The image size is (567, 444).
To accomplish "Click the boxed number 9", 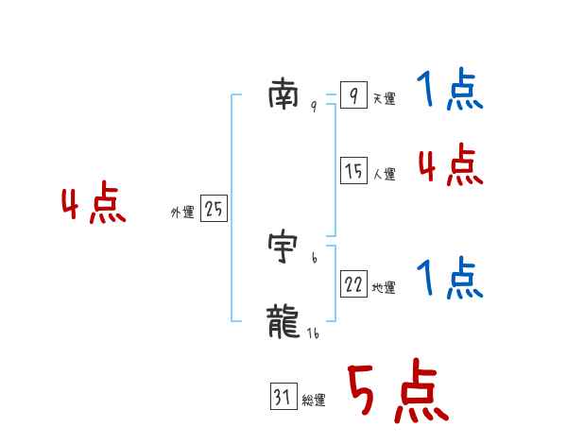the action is pyautogui.click(x=352, y=95).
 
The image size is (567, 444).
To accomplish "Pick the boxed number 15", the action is pyautogui.click(x=353, y=171).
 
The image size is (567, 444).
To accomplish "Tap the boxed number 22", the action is pyautogui.click(x=353, y=284).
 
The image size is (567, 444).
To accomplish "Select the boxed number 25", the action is pyautogui.click(x=214, y=210).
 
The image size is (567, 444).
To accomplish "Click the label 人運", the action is pyautogui.click(x=384, y=175).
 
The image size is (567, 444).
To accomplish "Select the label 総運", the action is pyautogui.click(x=314, y=401).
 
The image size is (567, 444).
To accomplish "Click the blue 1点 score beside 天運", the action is pyautogui.click(x=449, y=92).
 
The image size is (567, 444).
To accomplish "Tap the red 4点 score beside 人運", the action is pyautogui.click(x=450, y=166).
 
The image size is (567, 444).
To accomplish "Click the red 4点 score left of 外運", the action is pyautogui.click(x=94, y=206).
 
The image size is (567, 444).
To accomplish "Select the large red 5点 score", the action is pyautogui.click(x=397, y=392).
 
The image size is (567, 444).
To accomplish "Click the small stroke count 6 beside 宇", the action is pyautogui.click(x=314, y=258).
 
